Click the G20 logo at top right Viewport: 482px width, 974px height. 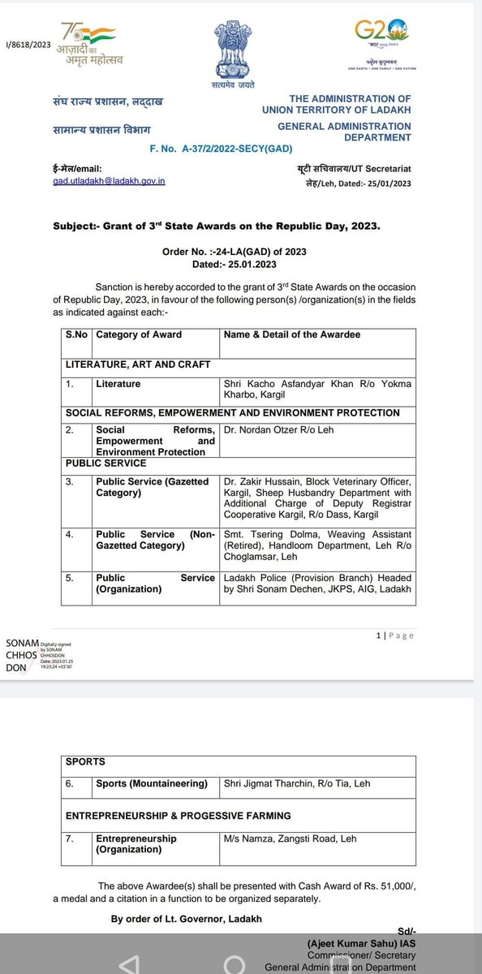(381, 36)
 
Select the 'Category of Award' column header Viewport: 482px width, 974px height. (139, 334)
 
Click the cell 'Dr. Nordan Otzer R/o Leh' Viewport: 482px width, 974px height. (278, 429)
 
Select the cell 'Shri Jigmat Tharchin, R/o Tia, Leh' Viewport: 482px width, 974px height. (296, 783)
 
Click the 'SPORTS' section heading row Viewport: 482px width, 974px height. (84, 762)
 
